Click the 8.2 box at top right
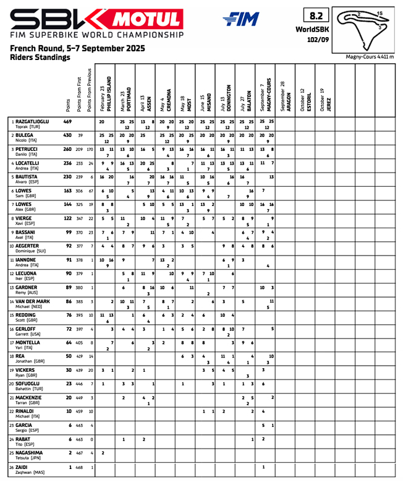(315, 15)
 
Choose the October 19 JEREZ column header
(325, 99)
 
